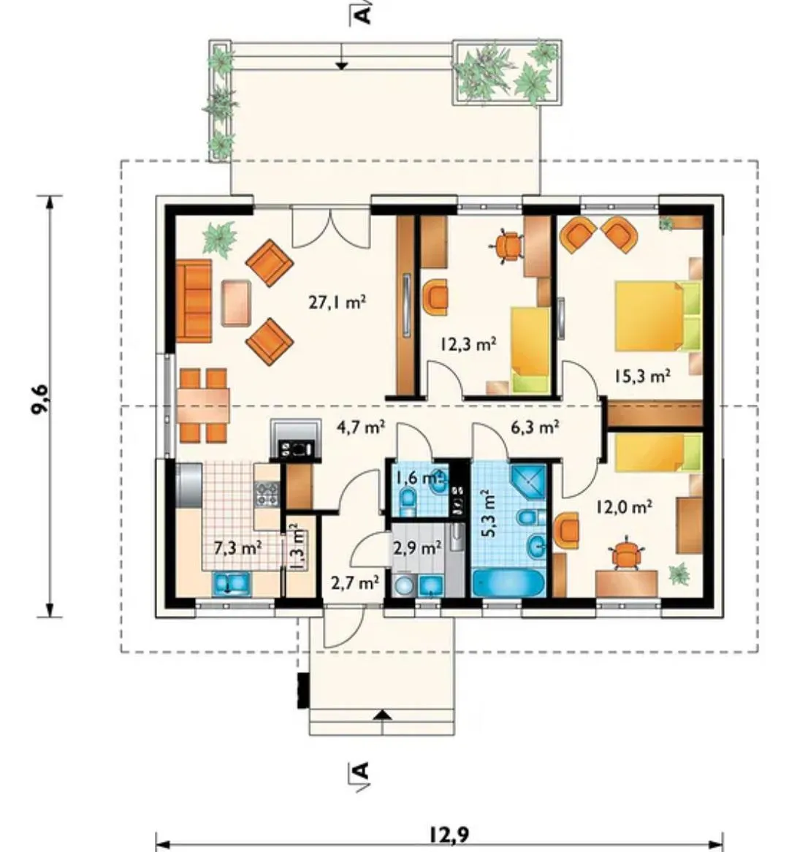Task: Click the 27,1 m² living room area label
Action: pos(337,302)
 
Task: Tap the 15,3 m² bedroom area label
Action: pos(641,376)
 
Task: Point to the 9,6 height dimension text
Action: pos(40,400)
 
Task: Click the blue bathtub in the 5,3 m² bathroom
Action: pos(508,584)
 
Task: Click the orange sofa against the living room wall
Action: pos(194,300)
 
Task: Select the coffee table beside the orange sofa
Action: pos(236,302)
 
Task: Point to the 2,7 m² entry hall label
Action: pos(355,583)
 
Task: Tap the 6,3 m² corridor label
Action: pos(535,427)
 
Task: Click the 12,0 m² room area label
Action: pos(624,507)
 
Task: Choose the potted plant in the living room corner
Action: pos(219,237)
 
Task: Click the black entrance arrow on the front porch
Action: pos(384,715)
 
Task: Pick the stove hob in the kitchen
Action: pos(266,493)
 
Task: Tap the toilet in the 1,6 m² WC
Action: pos(407,498)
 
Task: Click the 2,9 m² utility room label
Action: pos(416,548)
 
